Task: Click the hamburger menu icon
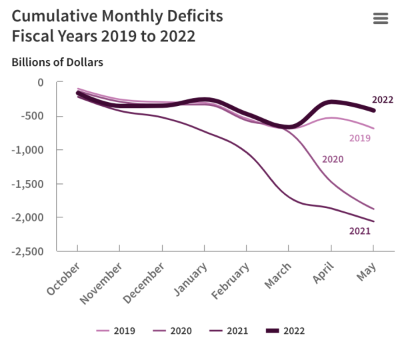tap(381, 19)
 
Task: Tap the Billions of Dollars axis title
tap(57, 62)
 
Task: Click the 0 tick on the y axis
tap(40, 82)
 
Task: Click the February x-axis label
tap(230, 282)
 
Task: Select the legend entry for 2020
tap(173, 330)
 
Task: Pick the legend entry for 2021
tap(229, 330)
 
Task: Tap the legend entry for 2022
tap(286, 330)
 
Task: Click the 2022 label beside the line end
tap(383, 100)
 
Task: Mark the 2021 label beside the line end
tap(359, 231)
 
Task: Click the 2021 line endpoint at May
tap(373, 221)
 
